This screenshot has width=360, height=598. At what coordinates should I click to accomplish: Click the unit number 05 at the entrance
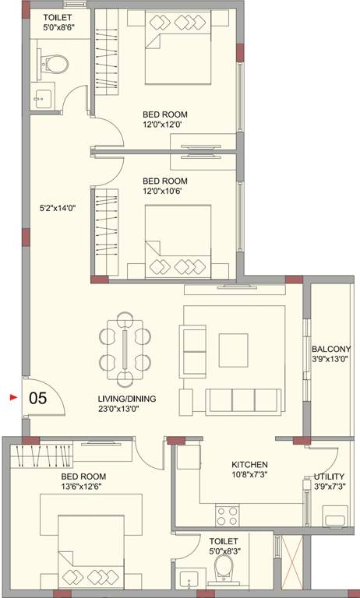coord(38,397)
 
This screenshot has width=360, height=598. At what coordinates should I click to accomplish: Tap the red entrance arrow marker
coord(12,397)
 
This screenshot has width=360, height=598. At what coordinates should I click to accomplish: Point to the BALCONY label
coord(331,349)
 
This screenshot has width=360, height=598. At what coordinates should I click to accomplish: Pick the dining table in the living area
coord(125,348)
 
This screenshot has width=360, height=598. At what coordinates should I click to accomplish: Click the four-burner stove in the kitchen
coord(227,515)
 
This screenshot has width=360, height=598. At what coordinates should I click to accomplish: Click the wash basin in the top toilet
coord(43,97)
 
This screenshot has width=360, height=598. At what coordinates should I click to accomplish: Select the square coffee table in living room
coord(233,350)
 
